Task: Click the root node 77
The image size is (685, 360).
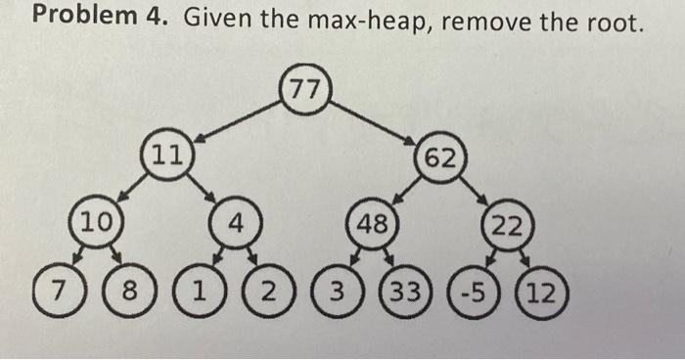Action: pos(304,90)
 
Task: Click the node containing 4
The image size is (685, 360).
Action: pos(234,223)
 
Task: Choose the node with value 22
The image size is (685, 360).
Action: pos(507,227)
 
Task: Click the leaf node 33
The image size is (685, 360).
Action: pos(399,292)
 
